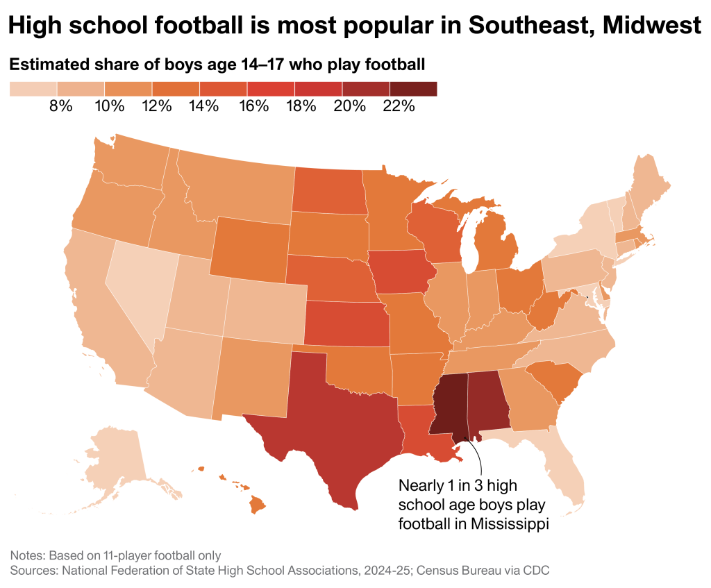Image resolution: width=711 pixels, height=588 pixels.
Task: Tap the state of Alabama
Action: click(487, 403)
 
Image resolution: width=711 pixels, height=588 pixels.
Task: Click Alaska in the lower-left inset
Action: click(115, 455)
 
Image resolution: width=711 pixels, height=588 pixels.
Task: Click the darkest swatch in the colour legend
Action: click(413, 89)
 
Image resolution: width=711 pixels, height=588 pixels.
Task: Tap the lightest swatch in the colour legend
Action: click(33, 89)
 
